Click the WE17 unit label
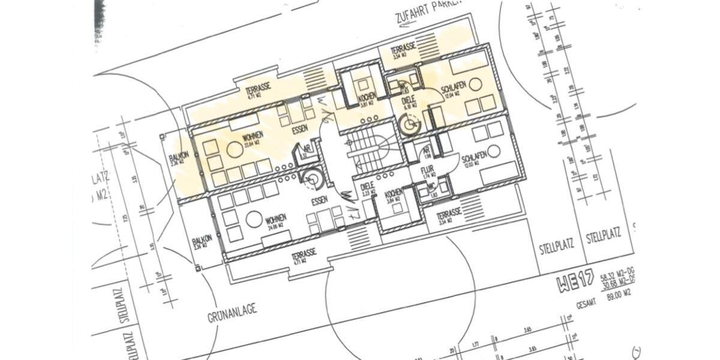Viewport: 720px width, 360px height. [575, 280]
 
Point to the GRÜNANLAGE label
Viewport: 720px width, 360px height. [233, 310]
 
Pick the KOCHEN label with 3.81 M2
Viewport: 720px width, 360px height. [367, 97]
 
